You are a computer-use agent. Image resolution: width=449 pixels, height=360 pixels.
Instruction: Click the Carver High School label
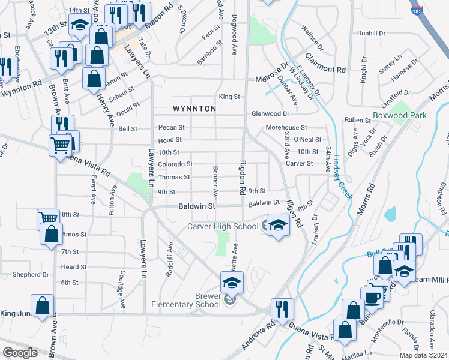point(223,226)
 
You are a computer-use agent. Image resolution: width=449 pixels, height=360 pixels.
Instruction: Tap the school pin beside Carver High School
point(277,225)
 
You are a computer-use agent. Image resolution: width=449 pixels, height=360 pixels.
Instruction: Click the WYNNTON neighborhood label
point(194,109)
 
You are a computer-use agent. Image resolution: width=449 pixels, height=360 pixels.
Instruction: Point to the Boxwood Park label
point(415,115)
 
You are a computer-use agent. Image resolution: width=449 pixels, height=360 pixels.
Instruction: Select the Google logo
point(20,353)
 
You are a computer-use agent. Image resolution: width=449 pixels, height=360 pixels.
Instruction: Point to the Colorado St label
point(175,163)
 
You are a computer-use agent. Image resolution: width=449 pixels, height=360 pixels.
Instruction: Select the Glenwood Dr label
point(270,113)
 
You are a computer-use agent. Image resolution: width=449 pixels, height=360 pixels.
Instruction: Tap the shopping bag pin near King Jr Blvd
point(43,306)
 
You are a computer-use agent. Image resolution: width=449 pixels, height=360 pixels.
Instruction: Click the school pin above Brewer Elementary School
point(232,282)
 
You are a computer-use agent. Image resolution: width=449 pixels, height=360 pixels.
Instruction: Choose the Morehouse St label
point(286,128)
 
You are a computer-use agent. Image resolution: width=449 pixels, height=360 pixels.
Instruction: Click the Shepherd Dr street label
point(31,275)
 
